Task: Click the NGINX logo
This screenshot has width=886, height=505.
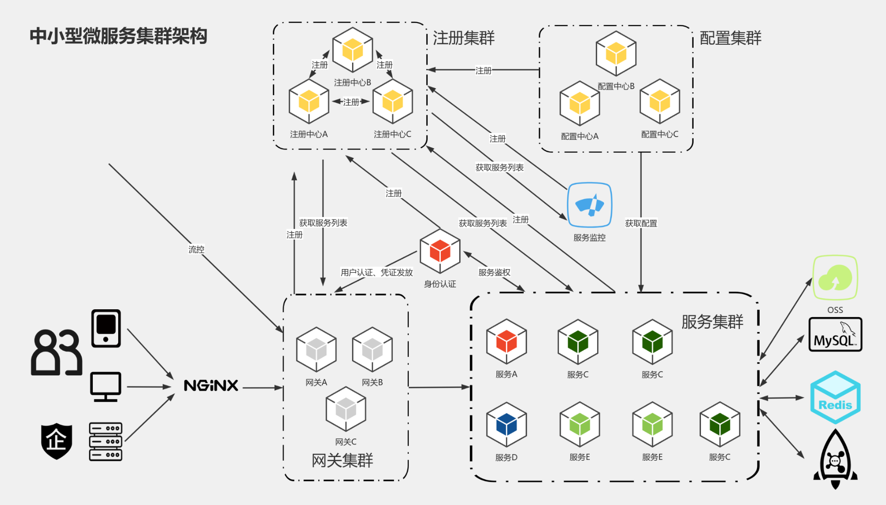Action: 211,385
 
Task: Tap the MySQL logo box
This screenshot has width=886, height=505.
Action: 835,335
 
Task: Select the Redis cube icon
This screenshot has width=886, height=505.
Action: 835,397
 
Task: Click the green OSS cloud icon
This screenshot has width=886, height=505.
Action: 835,278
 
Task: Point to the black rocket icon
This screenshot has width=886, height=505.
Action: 835,459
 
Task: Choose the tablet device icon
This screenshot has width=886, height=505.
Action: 106,328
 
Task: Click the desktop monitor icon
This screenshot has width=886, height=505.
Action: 106,386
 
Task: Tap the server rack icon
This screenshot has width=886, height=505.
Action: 106,442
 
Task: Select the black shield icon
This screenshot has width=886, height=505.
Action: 56,441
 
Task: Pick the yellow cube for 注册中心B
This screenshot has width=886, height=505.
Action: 353,50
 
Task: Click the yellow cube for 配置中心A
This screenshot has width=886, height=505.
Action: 580,103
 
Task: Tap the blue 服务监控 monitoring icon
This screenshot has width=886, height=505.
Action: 589,205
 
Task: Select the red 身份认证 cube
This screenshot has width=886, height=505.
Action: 440,251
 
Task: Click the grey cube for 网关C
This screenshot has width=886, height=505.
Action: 346,409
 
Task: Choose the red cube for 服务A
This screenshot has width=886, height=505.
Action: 506,342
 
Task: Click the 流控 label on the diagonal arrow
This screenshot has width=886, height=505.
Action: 196,249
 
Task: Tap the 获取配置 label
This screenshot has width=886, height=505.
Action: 641,223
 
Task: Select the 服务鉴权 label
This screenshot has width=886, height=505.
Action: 494,272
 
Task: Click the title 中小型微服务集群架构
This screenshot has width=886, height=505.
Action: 118,36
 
